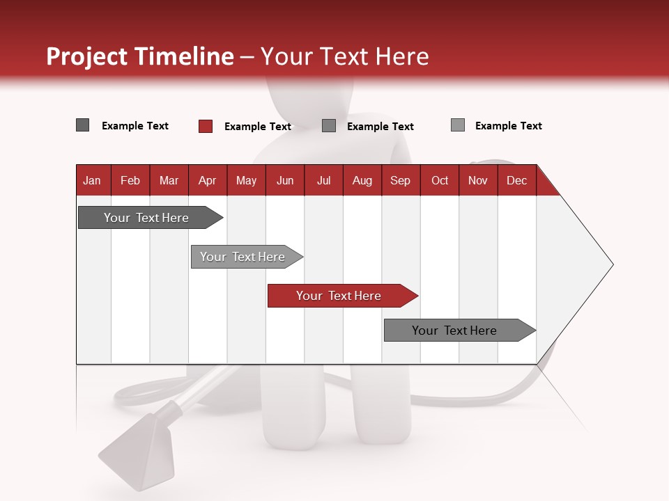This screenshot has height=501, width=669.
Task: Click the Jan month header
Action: pyautogui.click(x=92, y=180)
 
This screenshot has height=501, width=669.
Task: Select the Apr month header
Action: pyautogui.click(x=207, y=180)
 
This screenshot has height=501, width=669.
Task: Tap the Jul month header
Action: pyautogui.click(x=323, y=180)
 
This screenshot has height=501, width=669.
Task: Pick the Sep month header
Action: pyautogui.click(x=400, y=180)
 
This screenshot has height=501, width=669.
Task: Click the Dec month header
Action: pyautogui.click(x=516, y=180)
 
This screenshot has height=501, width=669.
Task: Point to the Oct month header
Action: pyautogui.click(x=440, y=180)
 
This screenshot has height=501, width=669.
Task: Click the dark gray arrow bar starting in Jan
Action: pyautogui.click(x=146, y=218)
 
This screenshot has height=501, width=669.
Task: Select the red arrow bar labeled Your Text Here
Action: pyautogui.click(x=339, y=296)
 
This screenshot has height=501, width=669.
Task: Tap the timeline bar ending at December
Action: pyautogui.click(x=454, y=331)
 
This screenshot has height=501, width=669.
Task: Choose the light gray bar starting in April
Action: pyautogui.click(x=243, y=257)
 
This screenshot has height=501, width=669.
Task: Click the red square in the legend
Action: pyautogui.click(x=205, y=126)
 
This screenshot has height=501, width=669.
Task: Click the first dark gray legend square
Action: pyautogui.click(x=82, y=125)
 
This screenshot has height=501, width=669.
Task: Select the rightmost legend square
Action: pyautogui.click(x=458, y=125)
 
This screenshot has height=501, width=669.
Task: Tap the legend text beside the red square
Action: pyautogui.click(x=257, y=127)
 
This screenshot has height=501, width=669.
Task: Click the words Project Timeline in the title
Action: pyautogui.click(x=139, y=56)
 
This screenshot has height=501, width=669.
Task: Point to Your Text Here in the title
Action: pyautogui.click(x=345, y=56)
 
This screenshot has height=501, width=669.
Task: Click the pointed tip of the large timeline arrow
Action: pyautogui.click(x=611, y=264)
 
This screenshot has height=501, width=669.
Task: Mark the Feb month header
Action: pyautogui.click(x=130, y=180)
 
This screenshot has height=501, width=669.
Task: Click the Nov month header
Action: pyautogui.click(x=478, y=180)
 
